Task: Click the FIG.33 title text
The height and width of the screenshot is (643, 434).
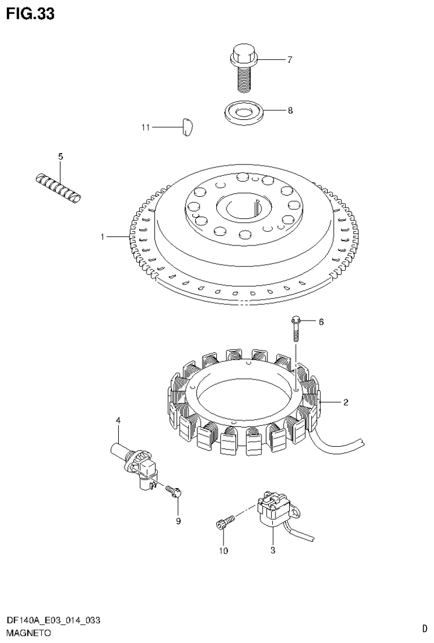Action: (31, 14)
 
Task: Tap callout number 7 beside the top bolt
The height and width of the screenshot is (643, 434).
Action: (289, 59)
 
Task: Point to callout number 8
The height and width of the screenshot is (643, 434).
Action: (290, 111)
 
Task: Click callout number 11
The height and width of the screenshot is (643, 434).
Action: (145, 128)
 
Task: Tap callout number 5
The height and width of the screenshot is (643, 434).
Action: (61, 156)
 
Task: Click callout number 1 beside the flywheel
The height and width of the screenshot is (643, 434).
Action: (102, 237)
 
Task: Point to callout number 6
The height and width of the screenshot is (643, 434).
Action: (321, 322)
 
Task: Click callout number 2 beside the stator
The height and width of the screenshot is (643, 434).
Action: (345, 403)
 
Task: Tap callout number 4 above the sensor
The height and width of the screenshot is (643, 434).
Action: (118, 420)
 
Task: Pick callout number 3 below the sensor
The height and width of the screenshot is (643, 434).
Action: (272, 550)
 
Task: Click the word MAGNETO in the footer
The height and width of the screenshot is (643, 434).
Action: (29, 632)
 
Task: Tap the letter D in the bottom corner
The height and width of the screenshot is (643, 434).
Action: (424, 628)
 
